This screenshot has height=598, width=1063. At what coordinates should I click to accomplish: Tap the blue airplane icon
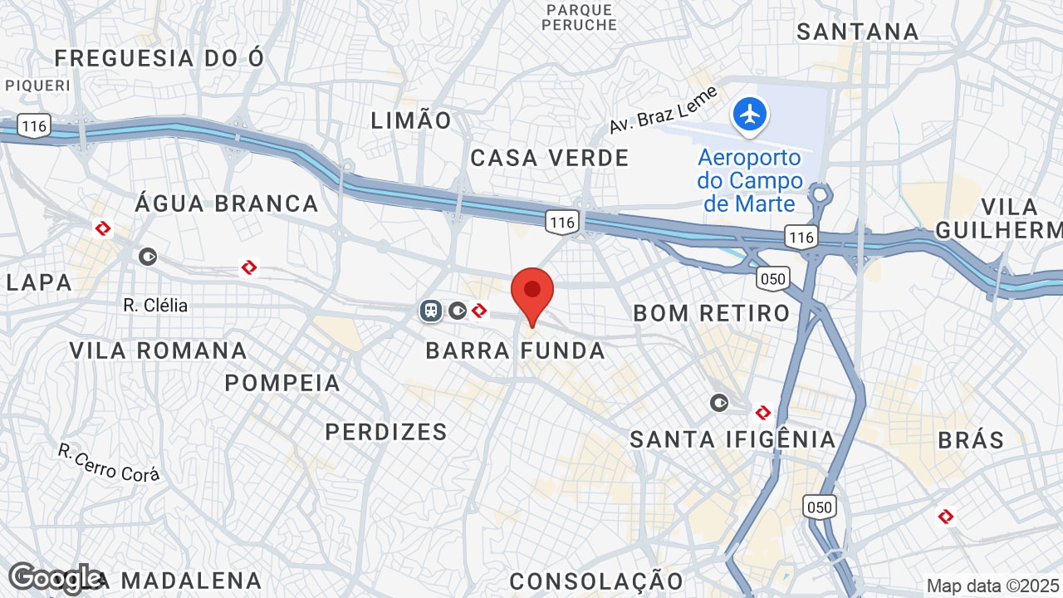point(750,115)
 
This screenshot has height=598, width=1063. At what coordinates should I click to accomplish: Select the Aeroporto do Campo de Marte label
point(750,180)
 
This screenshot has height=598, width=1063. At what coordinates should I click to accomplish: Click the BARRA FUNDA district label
point(516,350)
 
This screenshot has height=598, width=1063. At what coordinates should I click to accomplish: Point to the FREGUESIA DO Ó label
point(159,58)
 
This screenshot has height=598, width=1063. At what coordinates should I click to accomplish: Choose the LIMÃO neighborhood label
point(411,120)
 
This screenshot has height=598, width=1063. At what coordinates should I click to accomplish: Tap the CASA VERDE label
point(550,158)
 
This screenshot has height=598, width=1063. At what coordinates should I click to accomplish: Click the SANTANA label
point(858,32)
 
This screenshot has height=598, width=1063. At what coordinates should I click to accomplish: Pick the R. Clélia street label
point(155,305)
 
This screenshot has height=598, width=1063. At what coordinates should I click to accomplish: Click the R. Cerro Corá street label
point(109,463)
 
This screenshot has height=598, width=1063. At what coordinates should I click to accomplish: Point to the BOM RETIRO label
point(712,313)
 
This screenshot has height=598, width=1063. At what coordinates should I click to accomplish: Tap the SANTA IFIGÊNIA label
point(732,439)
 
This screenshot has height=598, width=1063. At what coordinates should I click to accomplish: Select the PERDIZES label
point(386,432)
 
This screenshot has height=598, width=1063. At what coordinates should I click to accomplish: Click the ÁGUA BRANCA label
point(227,203)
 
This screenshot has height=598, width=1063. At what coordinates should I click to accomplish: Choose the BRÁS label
point(972,439)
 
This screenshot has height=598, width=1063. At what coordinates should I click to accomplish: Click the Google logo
point(55,579)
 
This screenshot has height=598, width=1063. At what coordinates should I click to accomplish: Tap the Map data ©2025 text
point(992,586)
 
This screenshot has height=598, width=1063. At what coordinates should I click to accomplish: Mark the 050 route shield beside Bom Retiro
point(772,278)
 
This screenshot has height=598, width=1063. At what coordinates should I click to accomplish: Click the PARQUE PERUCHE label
point(580,17)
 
